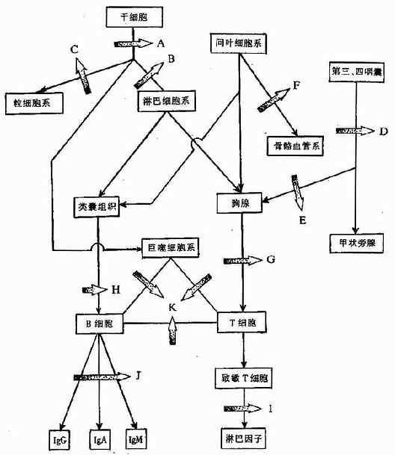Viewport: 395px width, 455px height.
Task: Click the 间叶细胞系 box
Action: (238, 46)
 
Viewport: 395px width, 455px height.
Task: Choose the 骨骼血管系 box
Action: (294, 145)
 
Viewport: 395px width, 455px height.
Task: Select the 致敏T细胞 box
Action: (239, 380)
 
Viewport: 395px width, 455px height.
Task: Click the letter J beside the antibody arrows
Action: (138, 374)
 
